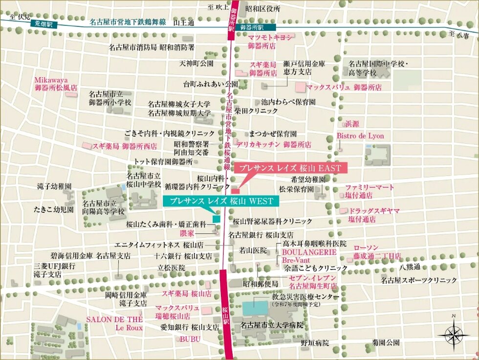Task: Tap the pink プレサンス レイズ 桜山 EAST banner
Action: [290, 168]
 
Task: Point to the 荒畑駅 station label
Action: [44, 23]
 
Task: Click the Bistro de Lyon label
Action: [360, 136]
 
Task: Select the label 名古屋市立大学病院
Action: [272, 325]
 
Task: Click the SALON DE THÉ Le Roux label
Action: [115, 323]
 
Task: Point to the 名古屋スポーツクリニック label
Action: [419, 280]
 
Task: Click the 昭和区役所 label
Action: [263, 8]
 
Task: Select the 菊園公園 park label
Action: [386, 342]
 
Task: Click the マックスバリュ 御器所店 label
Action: [344, 87]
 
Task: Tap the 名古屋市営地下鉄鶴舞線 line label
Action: [128, 22]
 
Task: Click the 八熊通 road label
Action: [409, 267]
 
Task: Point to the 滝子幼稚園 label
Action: [54, 187]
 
